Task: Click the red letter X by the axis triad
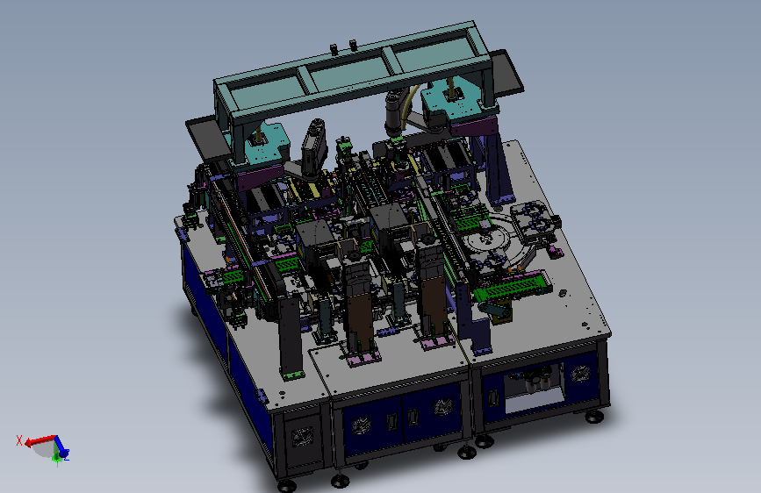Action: click(19, 440)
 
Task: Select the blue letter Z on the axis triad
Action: click(67, 455)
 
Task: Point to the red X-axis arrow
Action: click(40, 440)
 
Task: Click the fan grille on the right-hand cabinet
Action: click(580, 374)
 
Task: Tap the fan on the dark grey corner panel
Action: click(302, 437)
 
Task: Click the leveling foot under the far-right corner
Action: click(593, 417)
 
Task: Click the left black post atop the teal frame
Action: click(334, 49)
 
